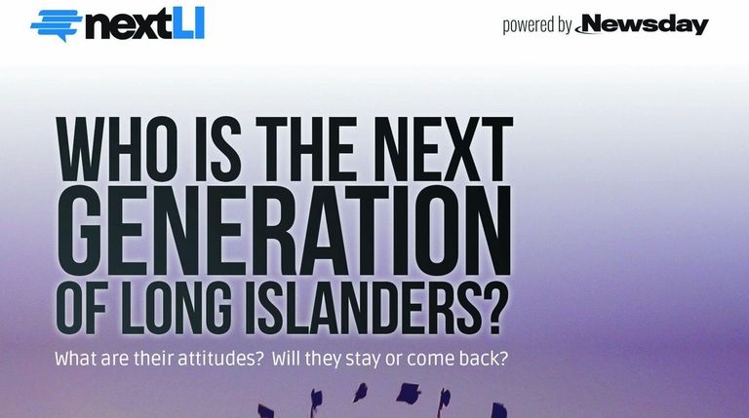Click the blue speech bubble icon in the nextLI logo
coord(56,25)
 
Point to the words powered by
coord(537,25)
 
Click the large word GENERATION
coord(284,231)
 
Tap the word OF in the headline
coord(82,307)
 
